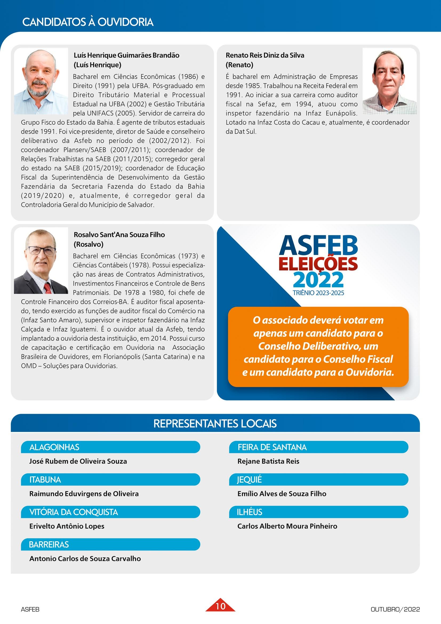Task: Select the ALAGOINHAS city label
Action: [x=54, y=447]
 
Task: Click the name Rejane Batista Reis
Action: [x=268, y=461]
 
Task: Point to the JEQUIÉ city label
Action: [x=249, y=479]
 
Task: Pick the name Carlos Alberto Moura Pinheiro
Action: [x=287, y=526]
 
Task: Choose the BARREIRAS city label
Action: [x=49, y=545]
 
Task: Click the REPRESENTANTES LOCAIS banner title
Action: [x=215, y=423]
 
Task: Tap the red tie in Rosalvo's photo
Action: [x=48, y=288]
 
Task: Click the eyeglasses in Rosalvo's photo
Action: [x=42, y=250]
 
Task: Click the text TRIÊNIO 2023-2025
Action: [x=318, y=293]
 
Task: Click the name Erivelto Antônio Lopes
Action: [x=67, y=526]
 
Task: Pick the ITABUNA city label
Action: [x=45, y=479]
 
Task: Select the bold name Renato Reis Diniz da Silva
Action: [x=265, y=55]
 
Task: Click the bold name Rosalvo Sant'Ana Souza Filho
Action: [x=119, y=235]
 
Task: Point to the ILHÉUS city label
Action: [x=249, y=512]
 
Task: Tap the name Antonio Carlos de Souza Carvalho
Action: [x=85, y=558]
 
